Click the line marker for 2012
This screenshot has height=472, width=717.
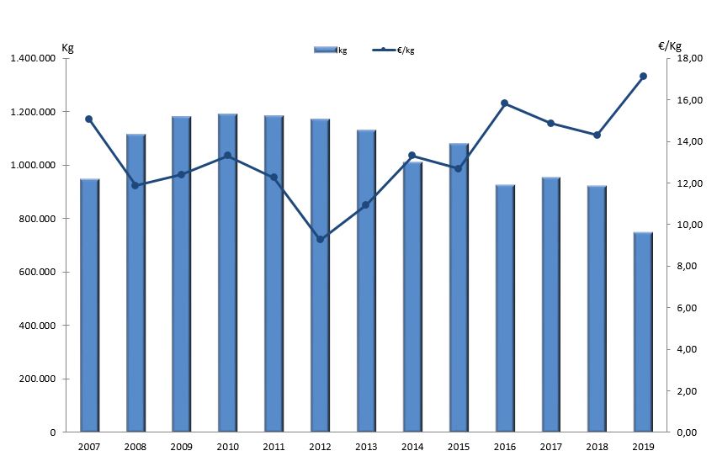pos(320,240)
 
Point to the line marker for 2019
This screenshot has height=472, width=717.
pos(643,77)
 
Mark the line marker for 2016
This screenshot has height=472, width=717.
pos(504,103)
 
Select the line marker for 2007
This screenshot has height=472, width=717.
pos(89,119)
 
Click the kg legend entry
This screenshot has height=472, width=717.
pos(331,50)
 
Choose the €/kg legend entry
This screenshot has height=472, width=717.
pos(396,50)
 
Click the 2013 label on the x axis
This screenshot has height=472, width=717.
pos(366,448)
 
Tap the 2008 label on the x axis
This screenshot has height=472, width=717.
pos(135,448)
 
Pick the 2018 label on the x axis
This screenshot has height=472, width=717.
pos(597,448)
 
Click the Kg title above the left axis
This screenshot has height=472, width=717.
pos(68,46)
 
